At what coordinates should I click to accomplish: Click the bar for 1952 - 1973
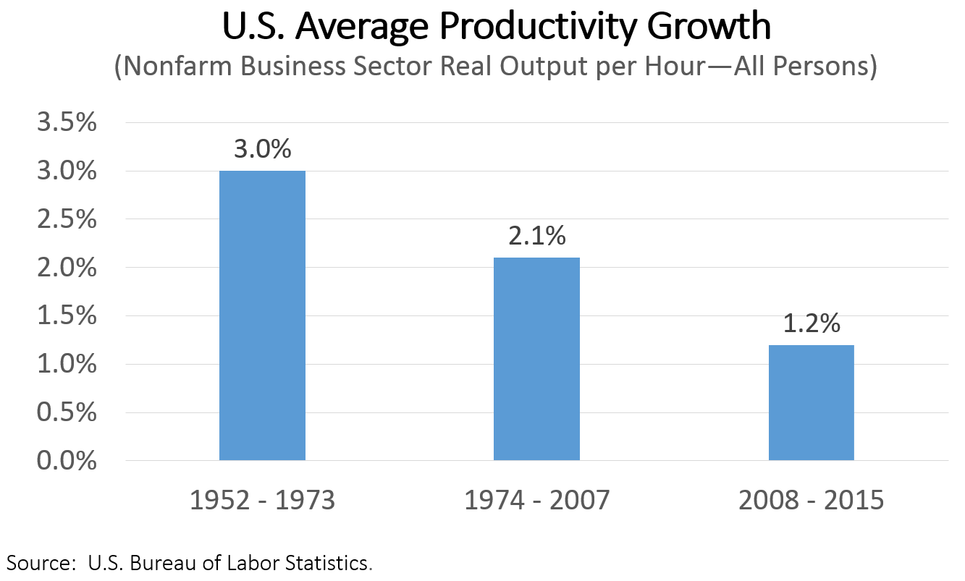pos(262,315)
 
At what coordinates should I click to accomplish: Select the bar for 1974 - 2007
pos(536,359)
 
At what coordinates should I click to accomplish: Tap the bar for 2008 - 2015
pos(811,402)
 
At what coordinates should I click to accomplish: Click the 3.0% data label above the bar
pos(262,149)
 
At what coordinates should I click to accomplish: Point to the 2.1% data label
pos(536,236)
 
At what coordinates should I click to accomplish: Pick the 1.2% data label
pos(812,323)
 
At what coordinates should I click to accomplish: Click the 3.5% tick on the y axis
pos(66,123)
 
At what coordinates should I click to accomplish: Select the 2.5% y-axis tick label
pos(66,220)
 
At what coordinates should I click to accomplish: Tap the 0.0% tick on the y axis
pos(66,461)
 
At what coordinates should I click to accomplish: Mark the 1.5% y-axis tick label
pos(66,316)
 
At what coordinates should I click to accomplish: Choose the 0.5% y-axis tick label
pos(66,413)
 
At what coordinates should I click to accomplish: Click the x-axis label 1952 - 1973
pos(262,501)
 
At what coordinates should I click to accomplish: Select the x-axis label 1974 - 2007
pos(536,501)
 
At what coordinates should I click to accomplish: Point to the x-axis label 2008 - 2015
pos(811,501)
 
